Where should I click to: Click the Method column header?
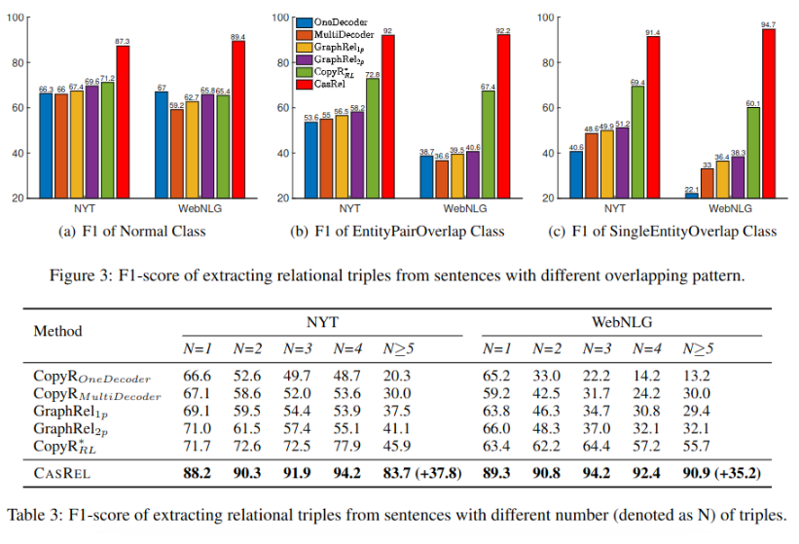tap(58, 331)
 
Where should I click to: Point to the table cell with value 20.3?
tap(397, 376)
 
